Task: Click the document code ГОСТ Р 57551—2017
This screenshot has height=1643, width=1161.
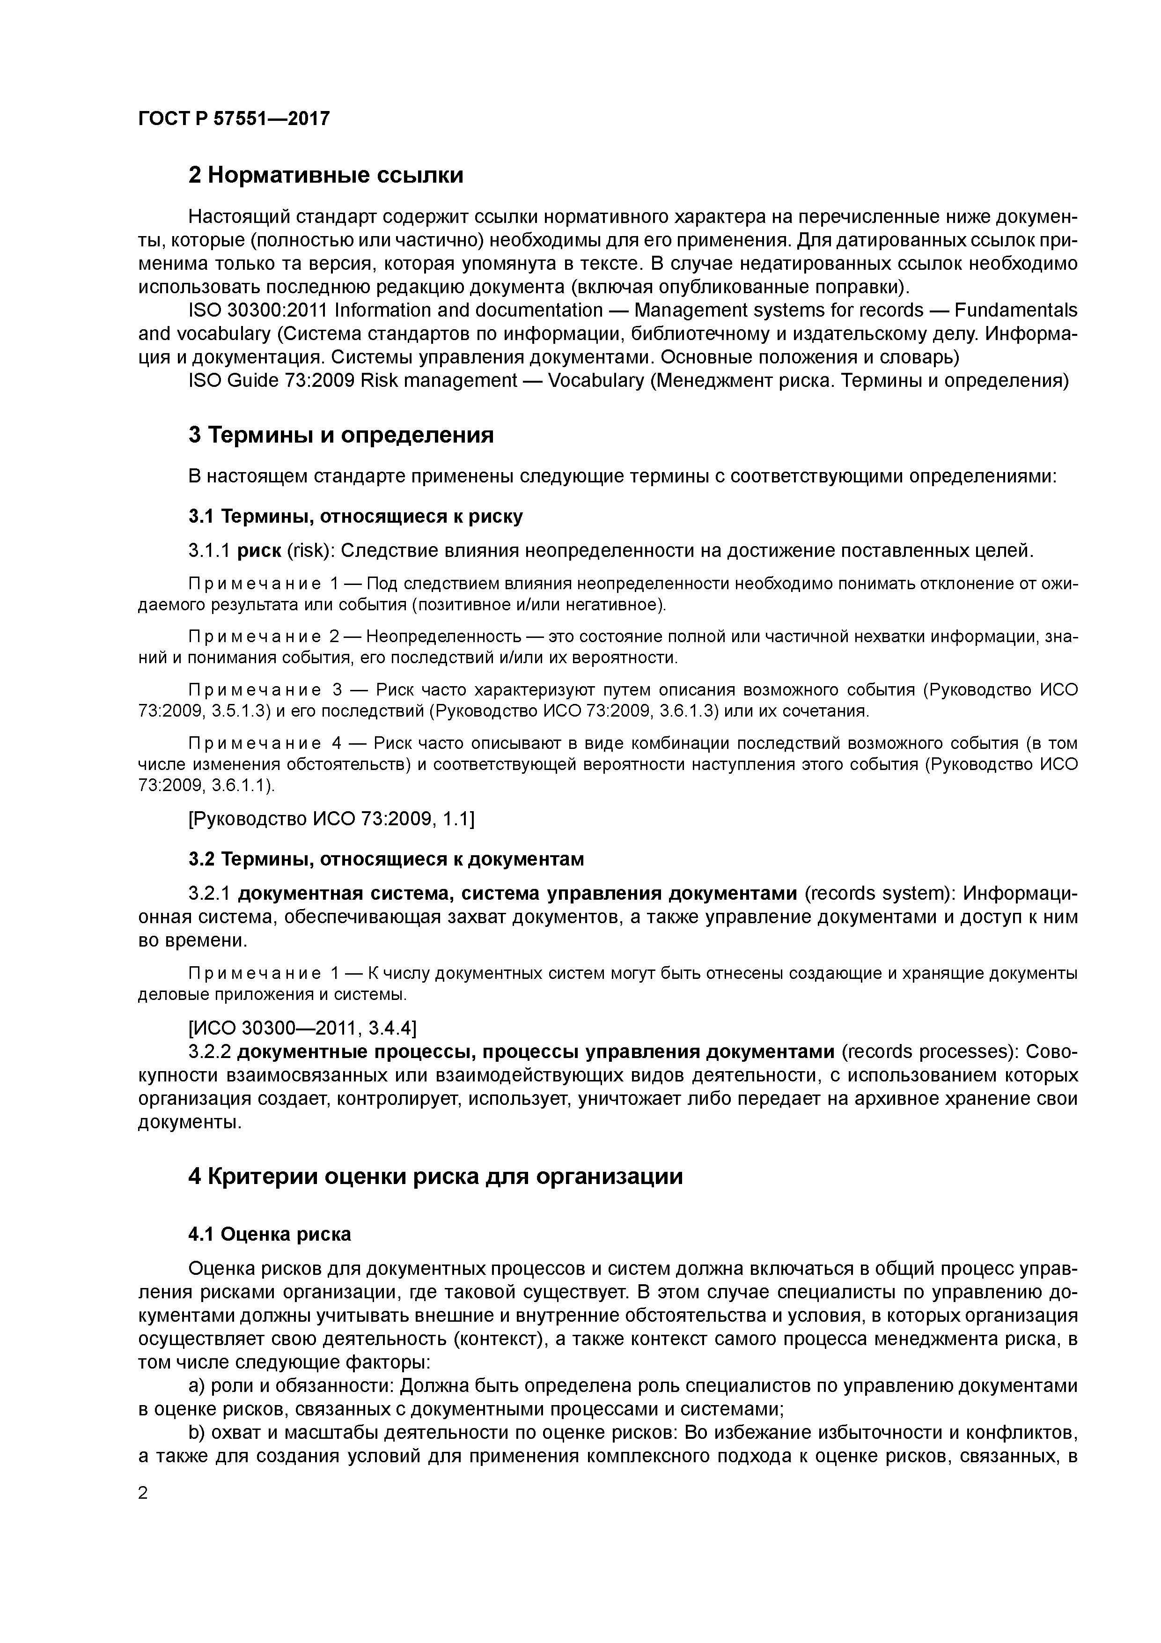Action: point(233,118)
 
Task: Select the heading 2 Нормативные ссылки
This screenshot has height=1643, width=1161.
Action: point(325,175)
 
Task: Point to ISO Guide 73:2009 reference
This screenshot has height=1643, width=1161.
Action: point(272,380)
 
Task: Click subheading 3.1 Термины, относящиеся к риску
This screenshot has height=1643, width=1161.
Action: point(355,516)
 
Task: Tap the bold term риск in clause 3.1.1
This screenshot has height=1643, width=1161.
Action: point(259,550)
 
